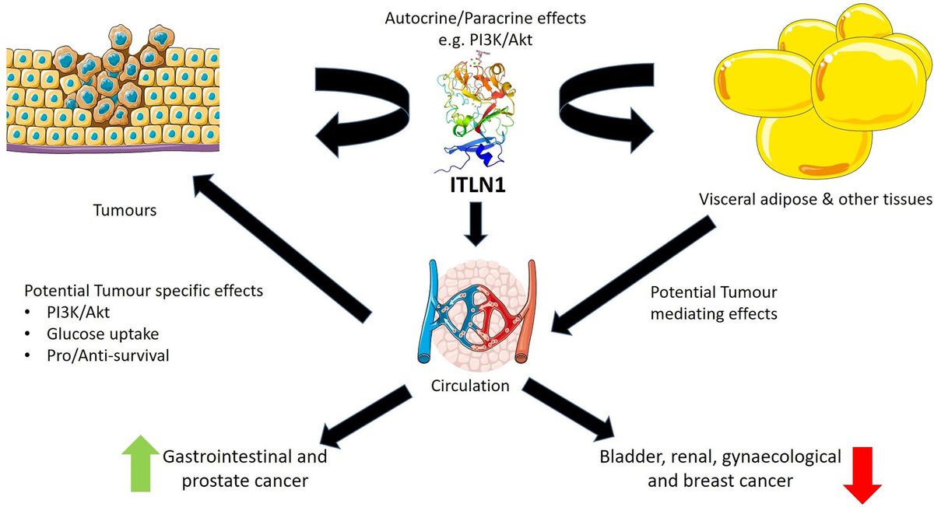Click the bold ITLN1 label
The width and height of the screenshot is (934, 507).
coord(466,186)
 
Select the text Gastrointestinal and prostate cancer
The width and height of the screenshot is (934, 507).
coord(244,469)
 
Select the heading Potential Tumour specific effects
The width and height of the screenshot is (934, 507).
coord(144,292)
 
